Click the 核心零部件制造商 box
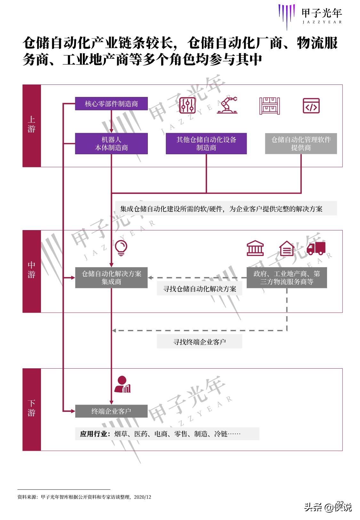click(x=111, y=104)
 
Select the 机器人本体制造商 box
click(x=111, y=144)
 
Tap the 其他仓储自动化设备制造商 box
click(x=206, y=144)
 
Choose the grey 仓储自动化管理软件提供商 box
click(x=301, y=144)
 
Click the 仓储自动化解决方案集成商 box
click(x=111, y=278)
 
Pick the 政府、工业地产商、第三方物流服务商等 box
click(x=286, y=278)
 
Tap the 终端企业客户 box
click(x=111, y=411)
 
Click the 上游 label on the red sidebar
click(x=31, y=124)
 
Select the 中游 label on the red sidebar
click(x=31, y=270)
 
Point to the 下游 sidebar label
click(x=31, y=408)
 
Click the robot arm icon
click(x=228, y=105)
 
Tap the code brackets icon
click(x=311, y=106)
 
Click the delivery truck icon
click(x=316, y=248)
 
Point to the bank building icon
click(x=255, y=248)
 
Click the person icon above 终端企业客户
click(x=123, y=385)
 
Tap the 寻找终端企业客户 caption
click(x=199, y=342)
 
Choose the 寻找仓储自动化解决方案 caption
click(x=199, y=289)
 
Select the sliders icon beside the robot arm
click(x=187, y=106)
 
